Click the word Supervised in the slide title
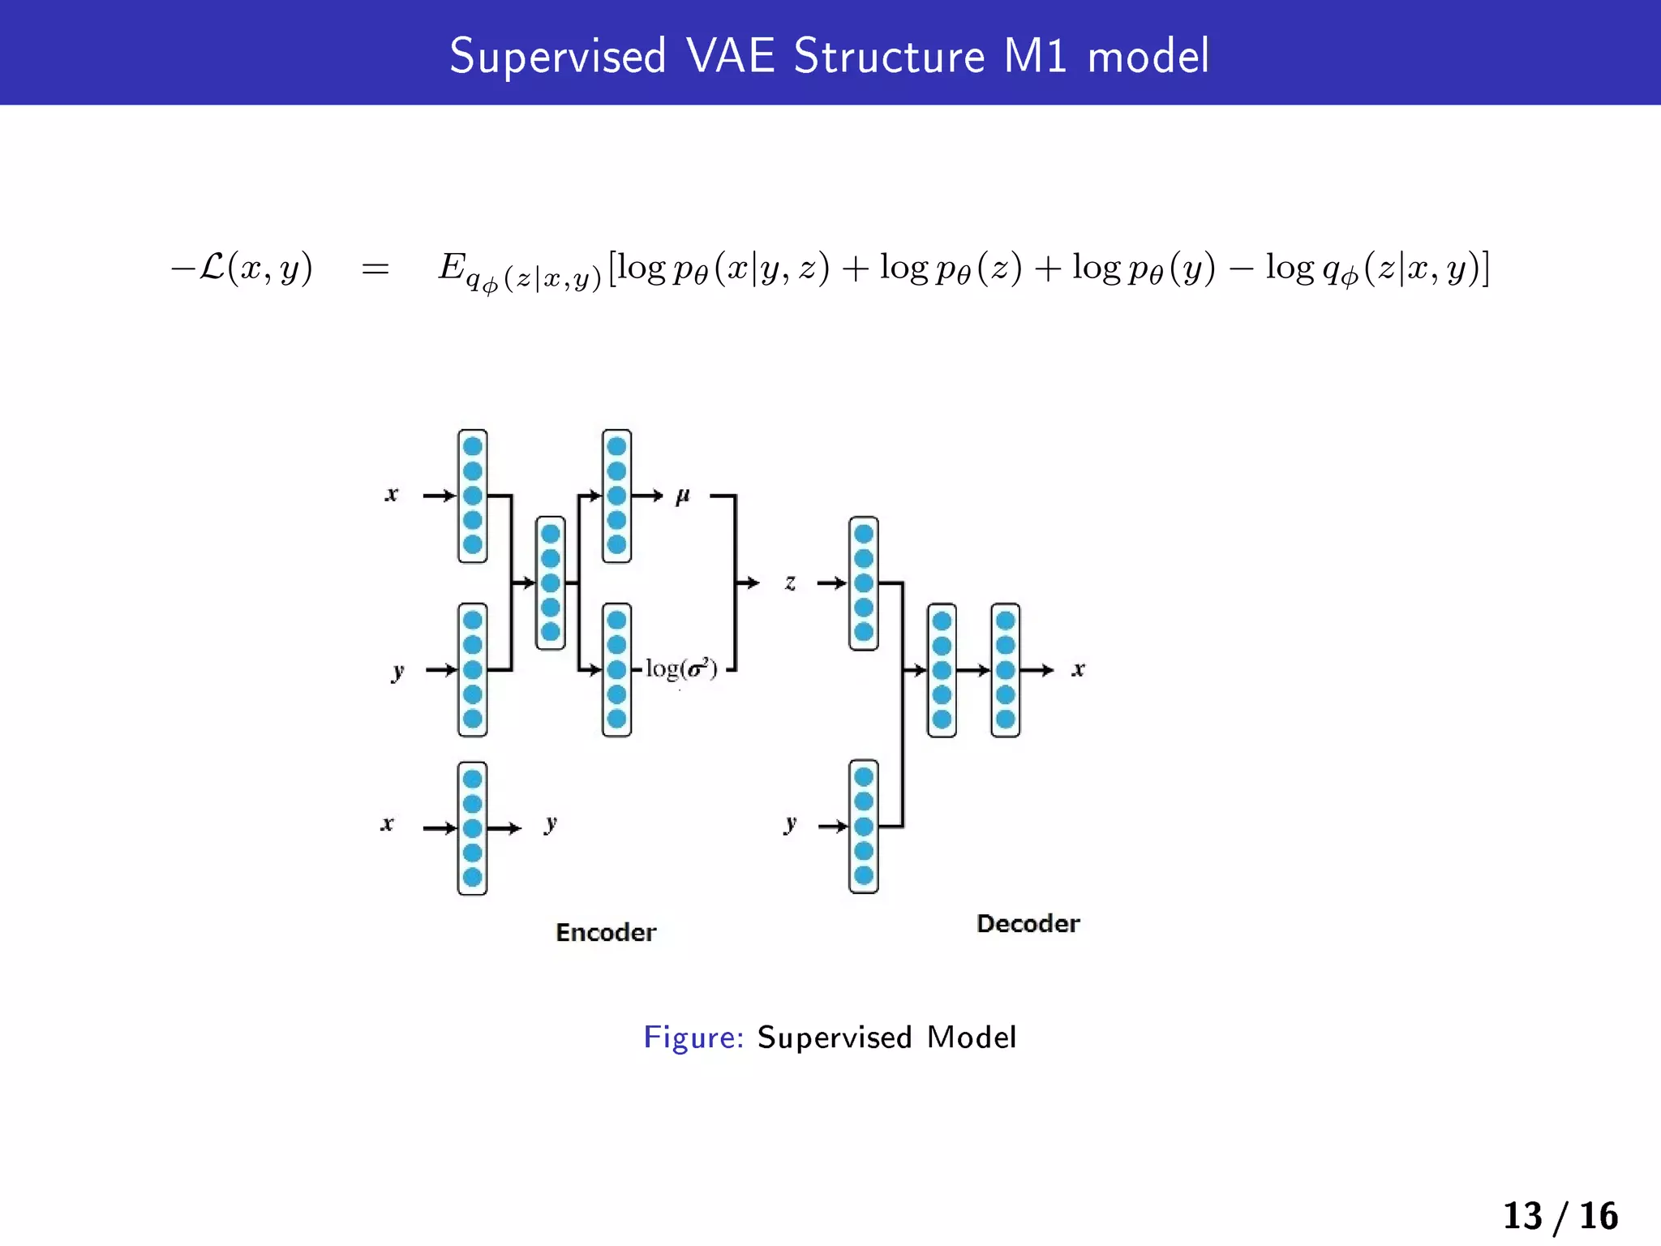[557, 57]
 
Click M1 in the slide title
[1034, 57]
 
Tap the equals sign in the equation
[375, 269]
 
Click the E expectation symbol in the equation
[452, 267]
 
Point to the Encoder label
[606, 932]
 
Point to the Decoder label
[1028, 923]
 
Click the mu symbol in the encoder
[682, 495]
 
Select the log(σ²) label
[681, 669]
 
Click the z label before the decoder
[790, 582]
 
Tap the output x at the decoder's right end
[1078, 669]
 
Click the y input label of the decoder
[790, 824]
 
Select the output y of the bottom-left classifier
[551, 824]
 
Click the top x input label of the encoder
[392, 494]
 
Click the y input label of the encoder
[397, 671]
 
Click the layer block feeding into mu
[616, 496]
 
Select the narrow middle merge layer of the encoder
[550, 582]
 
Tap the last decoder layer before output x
[1005, 670]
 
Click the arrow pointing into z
[748, 582]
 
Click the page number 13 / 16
[1560, 1216]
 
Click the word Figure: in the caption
[693, 1038]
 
